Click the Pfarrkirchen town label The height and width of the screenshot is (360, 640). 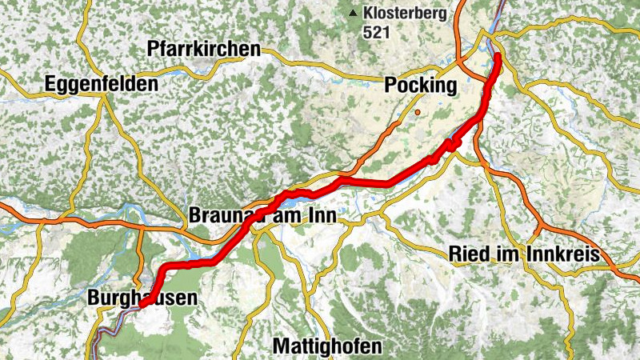(204, 50)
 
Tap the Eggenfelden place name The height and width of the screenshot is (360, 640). (102, 83)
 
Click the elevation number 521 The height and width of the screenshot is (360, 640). (376, 33)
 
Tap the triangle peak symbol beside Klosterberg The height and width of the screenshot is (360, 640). (352, 13)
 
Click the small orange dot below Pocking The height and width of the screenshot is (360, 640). (417, 113)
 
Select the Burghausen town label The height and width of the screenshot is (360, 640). (141, 298)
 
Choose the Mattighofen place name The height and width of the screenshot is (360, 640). (327, 346)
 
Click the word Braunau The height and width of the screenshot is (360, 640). (221, 215)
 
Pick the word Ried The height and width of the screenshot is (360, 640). (466, 254)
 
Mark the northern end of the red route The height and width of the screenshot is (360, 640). (497, 55)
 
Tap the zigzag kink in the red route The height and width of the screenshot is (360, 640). (451, 145)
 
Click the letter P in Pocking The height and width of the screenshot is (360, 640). (391, 86)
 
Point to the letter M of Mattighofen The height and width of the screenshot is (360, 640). (281, 346)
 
